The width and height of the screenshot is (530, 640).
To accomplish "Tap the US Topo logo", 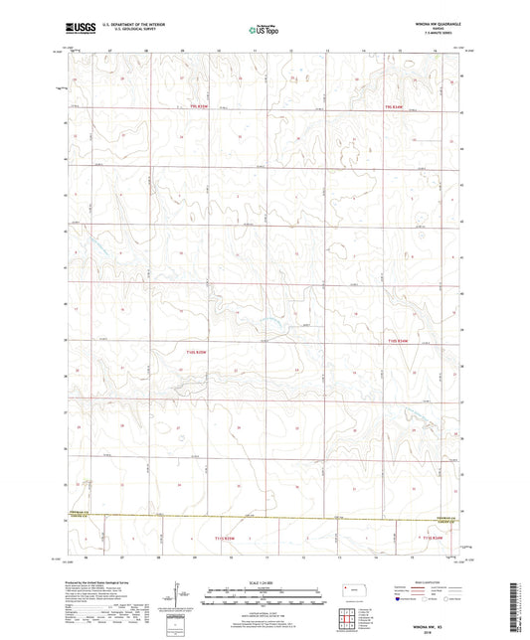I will (262, 31).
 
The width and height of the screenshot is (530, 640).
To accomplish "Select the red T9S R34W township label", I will (398, 107).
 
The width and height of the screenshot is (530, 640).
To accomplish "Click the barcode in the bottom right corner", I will (519, 606).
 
